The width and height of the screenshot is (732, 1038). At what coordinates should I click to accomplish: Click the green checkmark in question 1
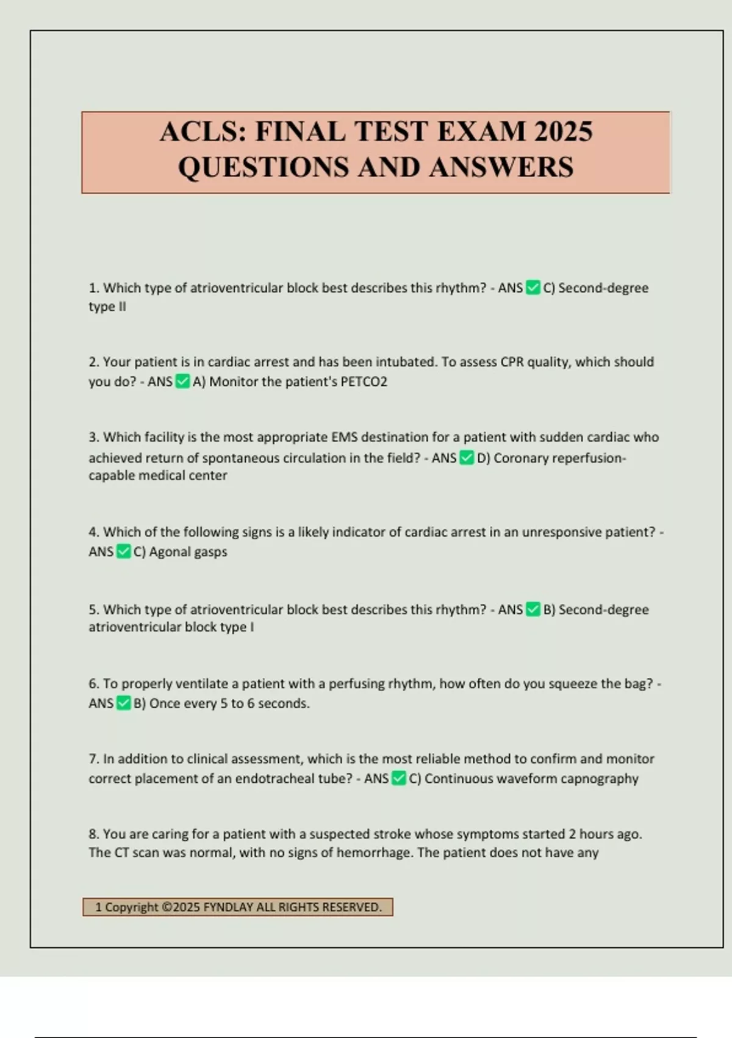(533, 288)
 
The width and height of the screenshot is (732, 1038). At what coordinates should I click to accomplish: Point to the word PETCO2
(364, 382)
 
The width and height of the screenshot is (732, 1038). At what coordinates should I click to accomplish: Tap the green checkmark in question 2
(182, 382)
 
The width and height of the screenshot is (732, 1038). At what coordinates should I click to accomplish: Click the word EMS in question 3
(345, 437)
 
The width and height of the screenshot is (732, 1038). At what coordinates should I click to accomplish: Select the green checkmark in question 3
(467, 458)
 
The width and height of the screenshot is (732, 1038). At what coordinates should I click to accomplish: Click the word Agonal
(168, 552)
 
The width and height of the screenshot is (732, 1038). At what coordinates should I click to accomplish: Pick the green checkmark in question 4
(124, 552)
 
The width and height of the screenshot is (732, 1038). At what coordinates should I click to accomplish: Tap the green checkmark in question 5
(533, 609)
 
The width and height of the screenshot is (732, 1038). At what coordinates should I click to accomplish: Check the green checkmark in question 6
(124, 703)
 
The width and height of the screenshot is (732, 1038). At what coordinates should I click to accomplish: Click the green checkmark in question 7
(399, 778)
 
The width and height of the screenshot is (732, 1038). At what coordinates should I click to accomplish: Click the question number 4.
(93, 532)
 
